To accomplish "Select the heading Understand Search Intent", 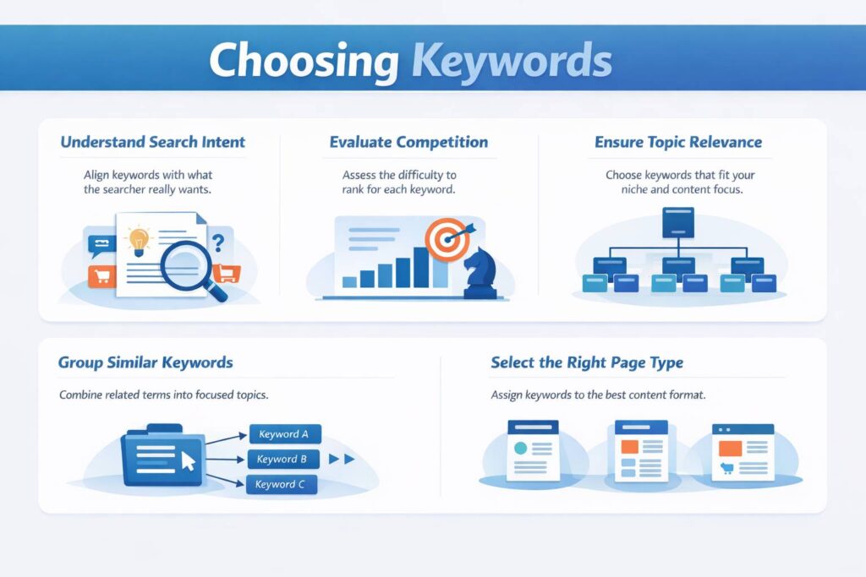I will pos(153,142).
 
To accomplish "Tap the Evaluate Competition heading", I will pos(408,142).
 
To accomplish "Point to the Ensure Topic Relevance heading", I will pos(678,142).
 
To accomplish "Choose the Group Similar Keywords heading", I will pos(145,363).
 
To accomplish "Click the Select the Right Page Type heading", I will pos(587,363).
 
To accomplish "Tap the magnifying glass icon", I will pos(194,265).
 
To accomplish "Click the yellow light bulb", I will pos(137,242).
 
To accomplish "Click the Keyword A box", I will pos(284,434).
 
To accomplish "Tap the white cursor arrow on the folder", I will pos(188,460).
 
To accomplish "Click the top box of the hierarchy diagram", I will pos(678,221).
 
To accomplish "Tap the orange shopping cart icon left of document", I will pos(101,275).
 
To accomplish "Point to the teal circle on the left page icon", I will pos(521,447).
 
